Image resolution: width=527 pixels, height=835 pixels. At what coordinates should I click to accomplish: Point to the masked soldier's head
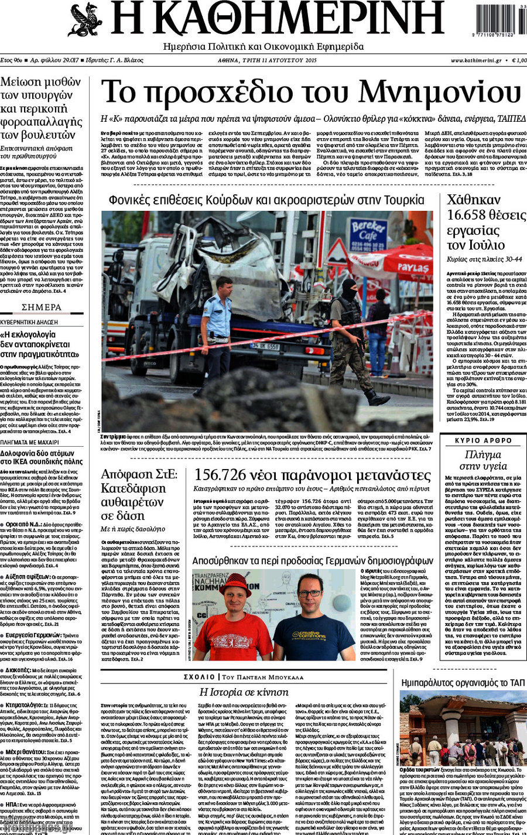click(350, 289)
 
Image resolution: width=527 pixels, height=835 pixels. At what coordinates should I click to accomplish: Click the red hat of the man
click(235, 583)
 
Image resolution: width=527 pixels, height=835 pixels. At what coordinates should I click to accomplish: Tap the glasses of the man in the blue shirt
click(309, 593)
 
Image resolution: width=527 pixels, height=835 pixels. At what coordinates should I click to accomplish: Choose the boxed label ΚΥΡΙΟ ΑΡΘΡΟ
click(483, 440)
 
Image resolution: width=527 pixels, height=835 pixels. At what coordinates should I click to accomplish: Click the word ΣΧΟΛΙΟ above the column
click(199, 677)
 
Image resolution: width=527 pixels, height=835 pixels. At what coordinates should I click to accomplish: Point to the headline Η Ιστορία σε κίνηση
click(244, 692)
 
